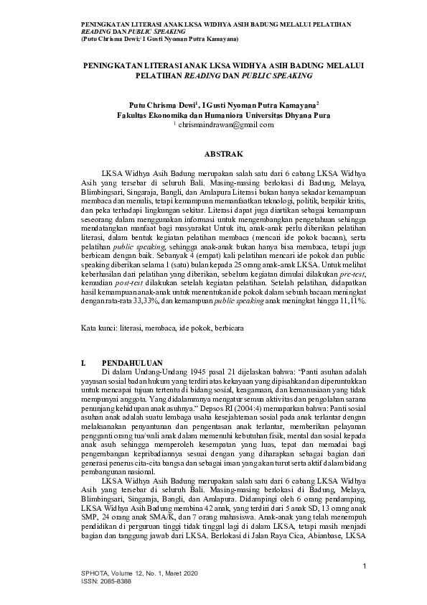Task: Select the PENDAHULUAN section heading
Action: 133,361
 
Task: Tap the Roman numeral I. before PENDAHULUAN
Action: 84,361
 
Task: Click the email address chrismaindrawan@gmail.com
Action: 225,125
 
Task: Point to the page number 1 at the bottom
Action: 365,568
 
